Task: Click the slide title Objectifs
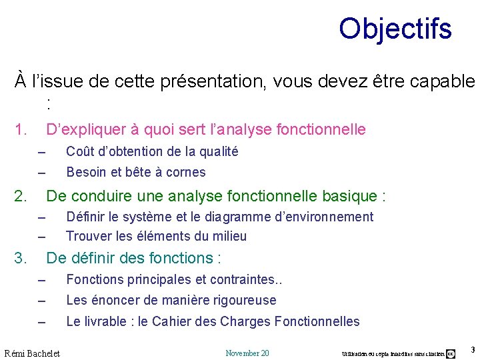point(395,29)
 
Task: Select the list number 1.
point(21,129)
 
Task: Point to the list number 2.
point(21,196)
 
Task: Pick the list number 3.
point(21,258)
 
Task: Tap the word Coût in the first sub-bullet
point(79,151)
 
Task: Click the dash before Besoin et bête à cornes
point(41,173)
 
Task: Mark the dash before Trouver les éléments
point(41,237)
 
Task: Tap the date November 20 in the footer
point(247,353)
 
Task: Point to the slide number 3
point(472,350)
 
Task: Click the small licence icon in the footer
point(451,353)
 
